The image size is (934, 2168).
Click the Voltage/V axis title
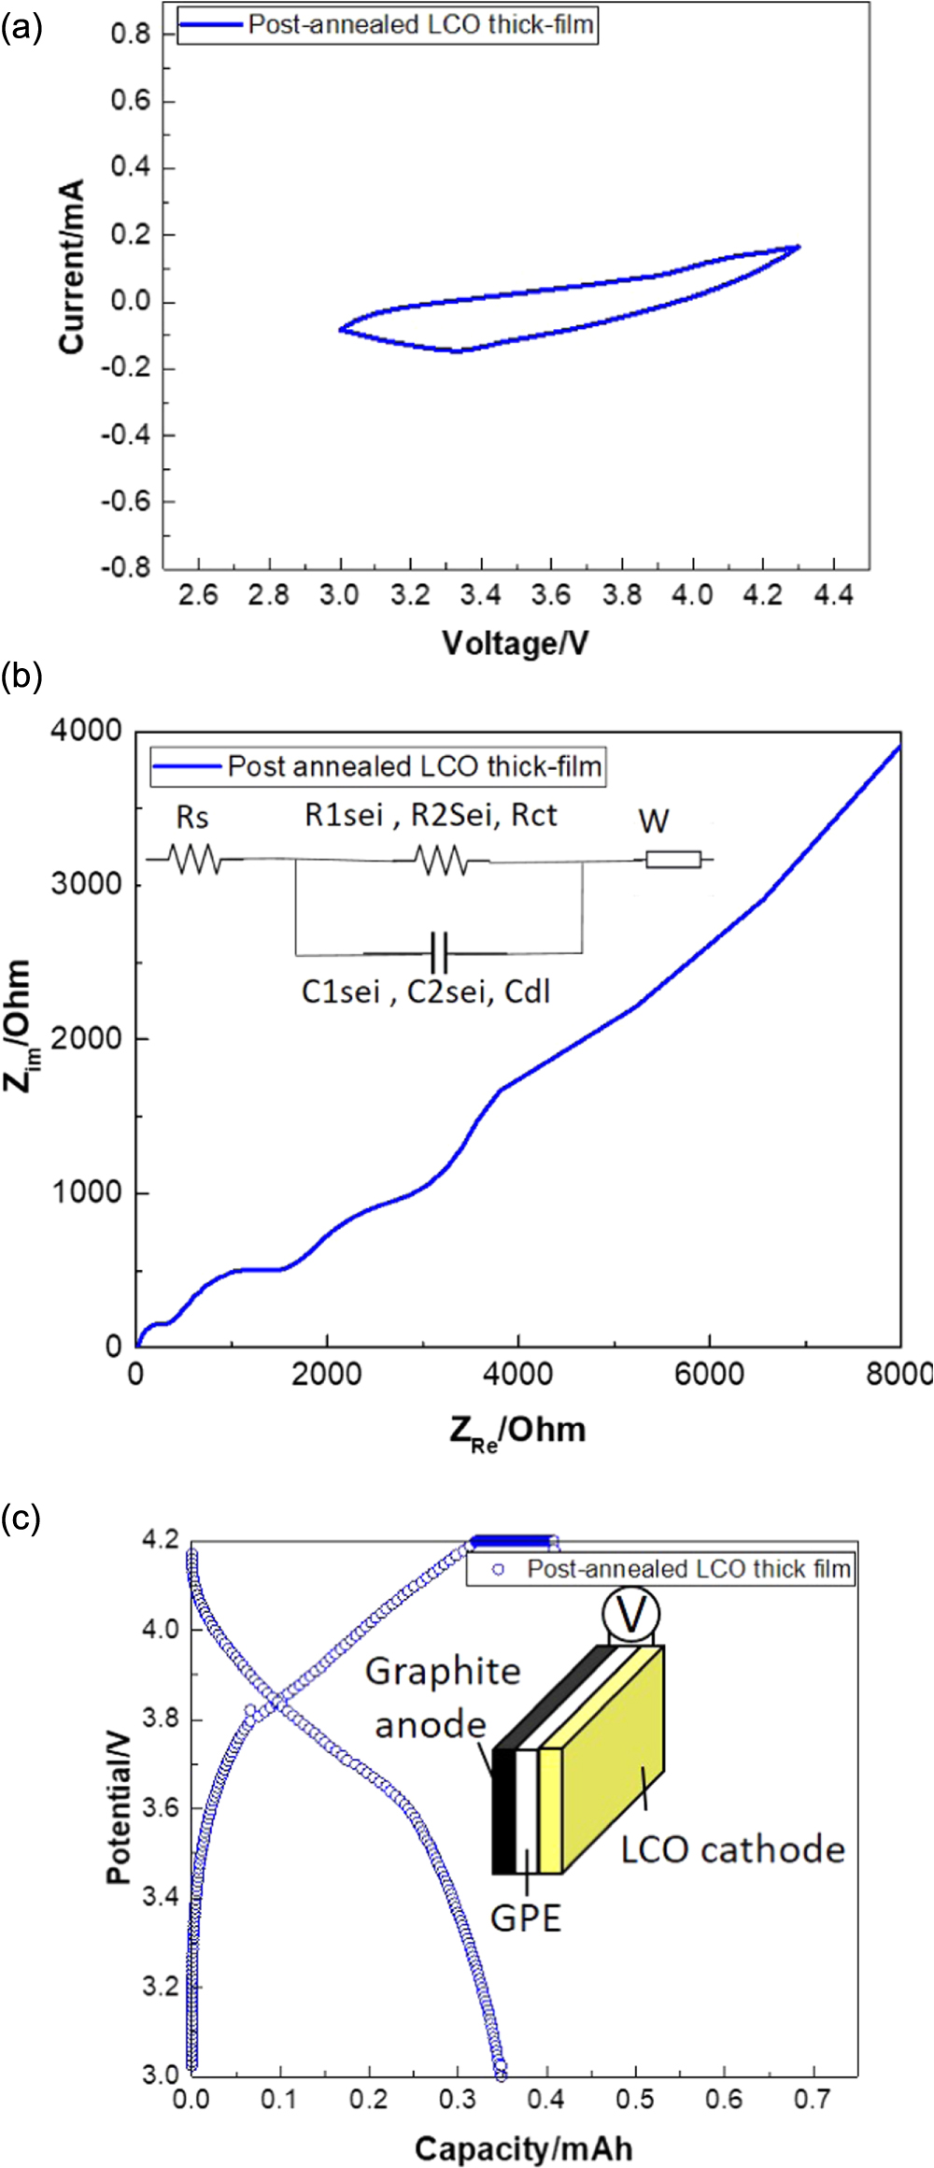(x=515, y=643)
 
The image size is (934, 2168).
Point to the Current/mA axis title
(x=73, y=267)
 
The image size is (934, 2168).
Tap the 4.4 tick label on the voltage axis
(x=833, y=595)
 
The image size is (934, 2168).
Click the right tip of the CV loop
(x=799, y=247)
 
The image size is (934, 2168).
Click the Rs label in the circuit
(x=192, y=819)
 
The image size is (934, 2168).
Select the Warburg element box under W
(x=673, y=859)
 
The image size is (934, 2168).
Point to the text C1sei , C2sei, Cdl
(x=426, y=991)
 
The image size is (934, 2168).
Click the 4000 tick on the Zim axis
(x=87, y=732)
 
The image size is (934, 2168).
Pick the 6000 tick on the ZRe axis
(x=710, y=1374)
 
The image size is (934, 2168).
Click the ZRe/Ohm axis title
(x=517, y=1430)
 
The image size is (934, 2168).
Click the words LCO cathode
(x=732, y=1849)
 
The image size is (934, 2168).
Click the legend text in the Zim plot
(x=415, y=767)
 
